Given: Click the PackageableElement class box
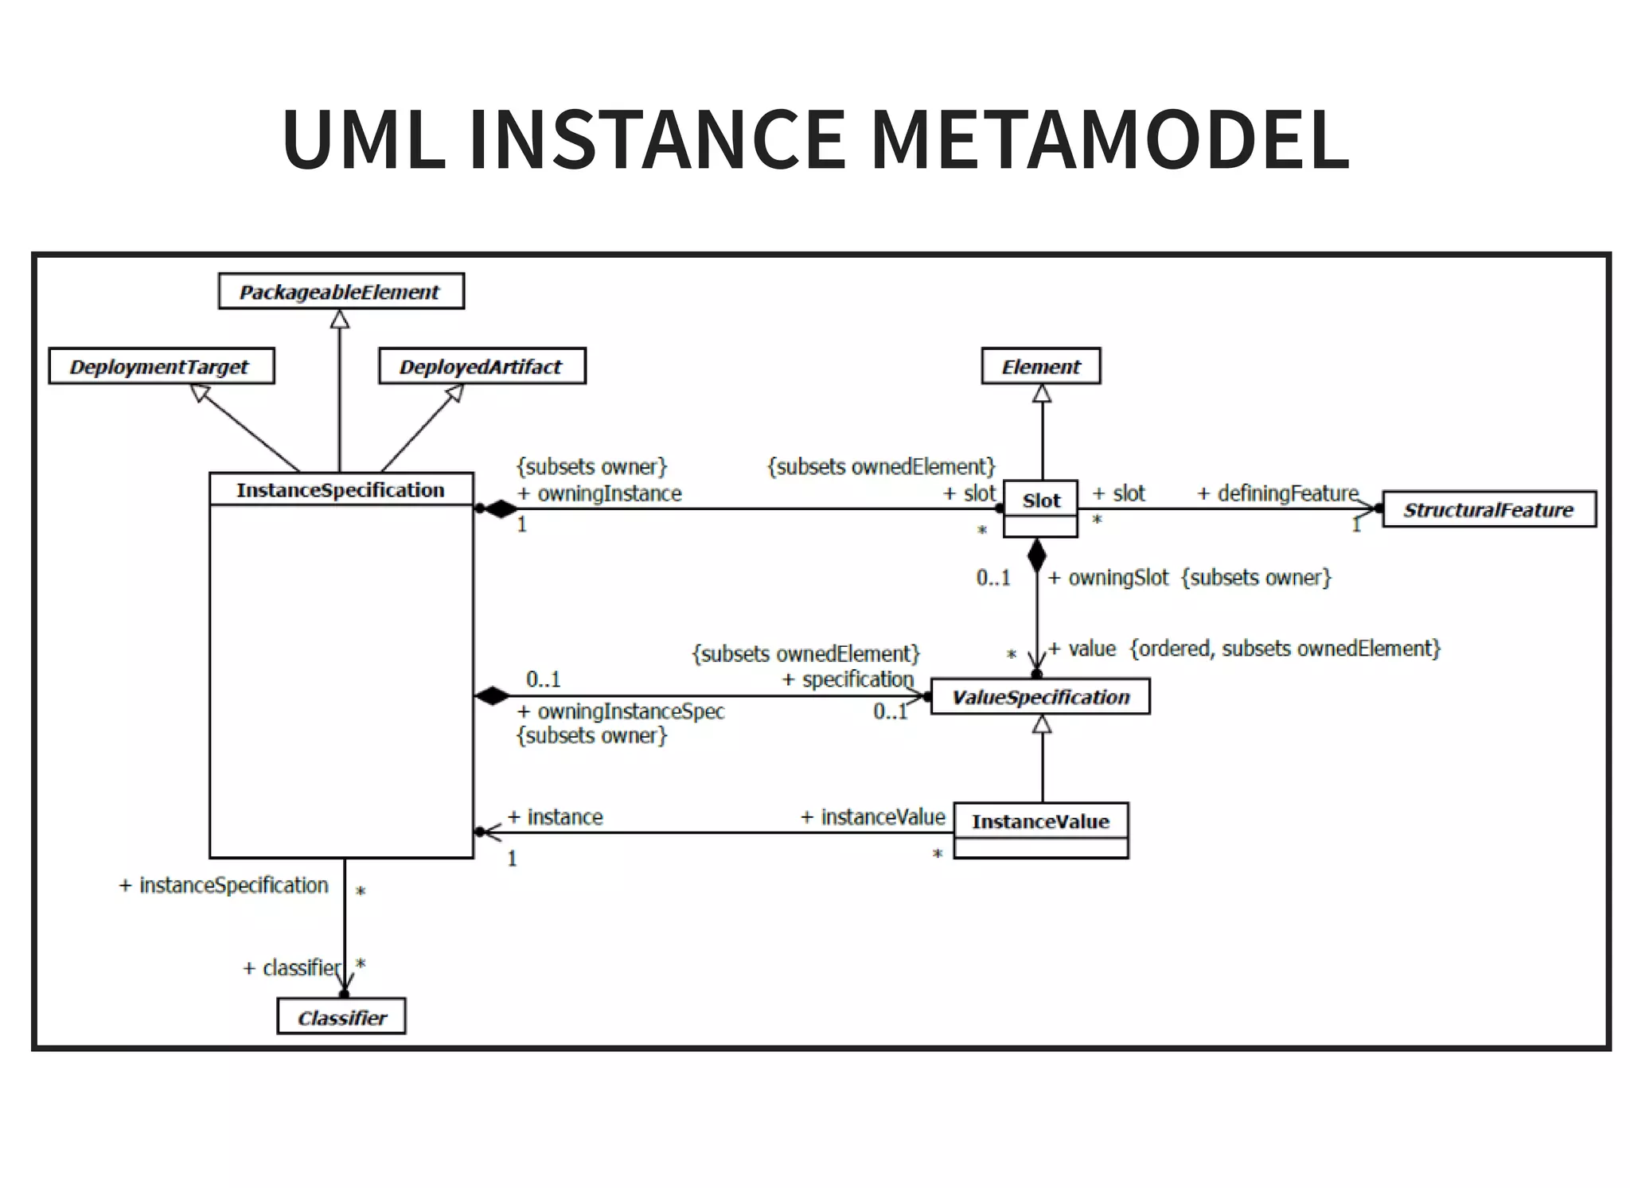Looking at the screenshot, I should pos(341,292).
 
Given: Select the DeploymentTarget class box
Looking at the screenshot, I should pos(161,367).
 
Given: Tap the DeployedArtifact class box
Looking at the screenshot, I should pos(482,367).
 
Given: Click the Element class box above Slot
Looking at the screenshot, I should pos(1040,367).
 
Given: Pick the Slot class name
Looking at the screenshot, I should pos(1040,501).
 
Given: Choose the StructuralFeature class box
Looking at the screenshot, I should pos(1488,510).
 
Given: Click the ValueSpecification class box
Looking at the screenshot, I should pos(1040,698).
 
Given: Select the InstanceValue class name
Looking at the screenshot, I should pos(1040,821).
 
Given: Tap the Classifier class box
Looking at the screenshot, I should pos(341,1018).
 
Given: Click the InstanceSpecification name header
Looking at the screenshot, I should pos(341,490).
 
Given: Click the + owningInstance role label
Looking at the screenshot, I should pos(599,494).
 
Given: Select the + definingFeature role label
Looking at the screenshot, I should pos(1277,494).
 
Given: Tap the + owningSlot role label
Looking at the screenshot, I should pos(1108,578).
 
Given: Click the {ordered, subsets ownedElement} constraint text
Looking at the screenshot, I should pos(1285,649).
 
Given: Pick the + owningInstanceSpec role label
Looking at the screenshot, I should pos(621,711).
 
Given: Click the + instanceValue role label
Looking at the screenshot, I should pos(872,817).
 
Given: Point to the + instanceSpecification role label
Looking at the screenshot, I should pos(224,886).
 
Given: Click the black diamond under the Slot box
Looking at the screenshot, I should pos(1036,555).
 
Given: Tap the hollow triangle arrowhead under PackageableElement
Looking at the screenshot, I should pos(340,319).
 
